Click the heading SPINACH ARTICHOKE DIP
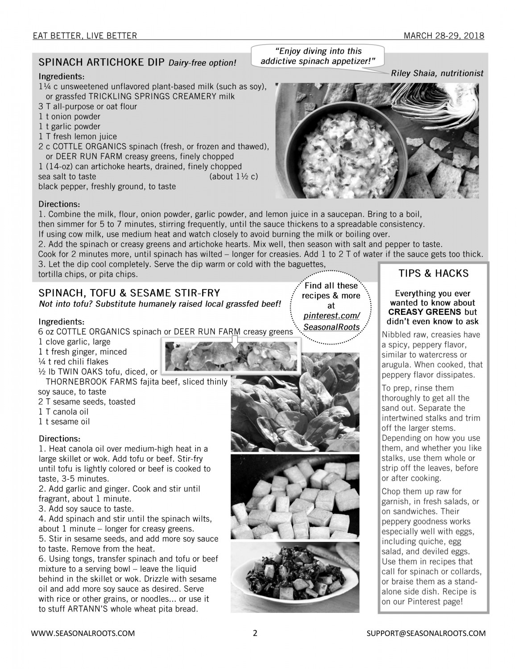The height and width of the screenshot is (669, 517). point(103,62)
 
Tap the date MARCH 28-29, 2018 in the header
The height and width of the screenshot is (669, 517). point(444,36)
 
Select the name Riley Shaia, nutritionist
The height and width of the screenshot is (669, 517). point(437,73)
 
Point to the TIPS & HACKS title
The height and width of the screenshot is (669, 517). point(433,273)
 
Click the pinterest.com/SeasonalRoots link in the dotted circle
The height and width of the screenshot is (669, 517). point(331,322)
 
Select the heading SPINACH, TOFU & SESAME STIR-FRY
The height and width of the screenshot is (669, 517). point(129,293)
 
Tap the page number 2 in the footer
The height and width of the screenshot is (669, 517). point(255,633)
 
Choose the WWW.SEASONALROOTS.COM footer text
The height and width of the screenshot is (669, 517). point(83,633)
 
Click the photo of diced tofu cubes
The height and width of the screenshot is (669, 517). point(295,496)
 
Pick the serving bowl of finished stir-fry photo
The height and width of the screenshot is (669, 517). point(295,577)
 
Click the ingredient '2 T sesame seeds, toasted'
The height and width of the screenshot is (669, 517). point(87,401)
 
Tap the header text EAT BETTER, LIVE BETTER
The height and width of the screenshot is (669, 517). point(85,36)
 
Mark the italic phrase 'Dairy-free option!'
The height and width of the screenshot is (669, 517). point(202,62)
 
